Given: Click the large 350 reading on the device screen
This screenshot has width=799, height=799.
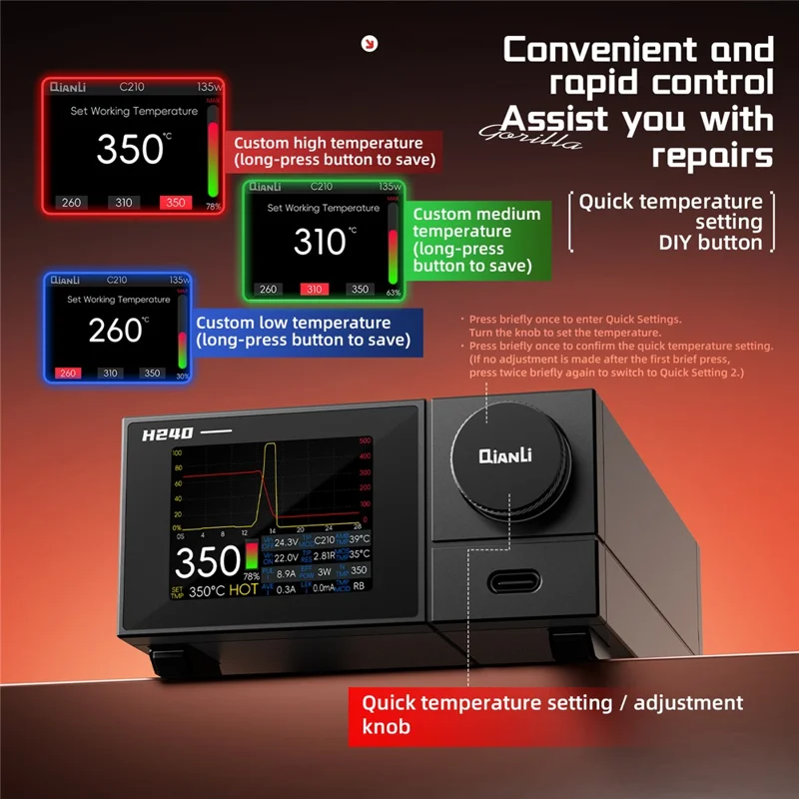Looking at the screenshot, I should pyautogui.click(x=208, y=563).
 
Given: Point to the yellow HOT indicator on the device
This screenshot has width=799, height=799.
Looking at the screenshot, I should pyautogui.click(x=243, y=590).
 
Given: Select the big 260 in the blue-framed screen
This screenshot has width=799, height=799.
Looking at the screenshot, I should pyautogui.click(x=115, y=330).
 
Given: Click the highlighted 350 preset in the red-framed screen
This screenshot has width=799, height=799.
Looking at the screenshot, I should pyautogui.click(x=174, y=203).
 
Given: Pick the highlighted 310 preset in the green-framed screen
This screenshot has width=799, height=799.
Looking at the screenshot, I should pyautogui.click(x=315, y=290).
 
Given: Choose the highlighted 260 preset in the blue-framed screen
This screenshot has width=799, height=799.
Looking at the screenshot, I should pyautogui.click(x=68, y=374).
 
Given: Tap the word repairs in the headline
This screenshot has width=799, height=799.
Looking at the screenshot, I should pyautogui.click(x=712, y=156).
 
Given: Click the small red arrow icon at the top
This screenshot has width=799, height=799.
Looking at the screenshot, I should pyautogui.click(x=371, y=42).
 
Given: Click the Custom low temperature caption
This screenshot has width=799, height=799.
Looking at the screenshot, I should pyautogui.click(x=301, y=331).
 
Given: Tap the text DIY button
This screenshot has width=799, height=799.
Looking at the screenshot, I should pyautogui.click(x=710, y=242).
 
